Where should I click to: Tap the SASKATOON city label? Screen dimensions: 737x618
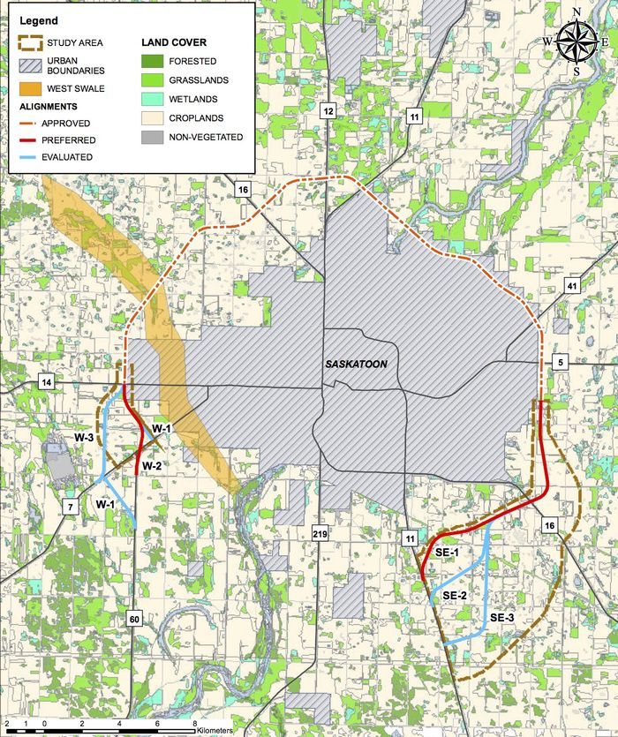(356, 364)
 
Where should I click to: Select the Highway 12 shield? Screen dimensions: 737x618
(328, 111)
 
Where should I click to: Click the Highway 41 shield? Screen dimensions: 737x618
(572, 287)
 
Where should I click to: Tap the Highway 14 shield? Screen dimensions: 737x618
(46, 382)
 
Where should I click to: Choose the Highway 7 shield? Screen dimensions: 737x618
(69, 505)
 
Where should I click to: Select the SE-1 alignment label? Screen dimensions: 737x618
(447, 553)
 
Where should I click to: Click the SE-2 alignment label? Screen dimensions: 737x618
(455, 597)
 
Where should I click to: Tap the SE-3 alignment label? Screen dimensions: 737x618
(501, 617)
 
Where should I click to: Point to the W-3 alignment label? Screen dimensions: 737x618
(84, 438)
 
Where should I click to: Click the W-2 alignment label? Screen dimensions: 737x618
(151, 466)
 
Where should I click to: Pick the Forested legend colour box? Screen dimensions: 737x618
(154, 61)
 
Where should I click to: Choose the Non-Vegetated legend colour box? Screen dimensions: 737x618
(154, 137)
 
